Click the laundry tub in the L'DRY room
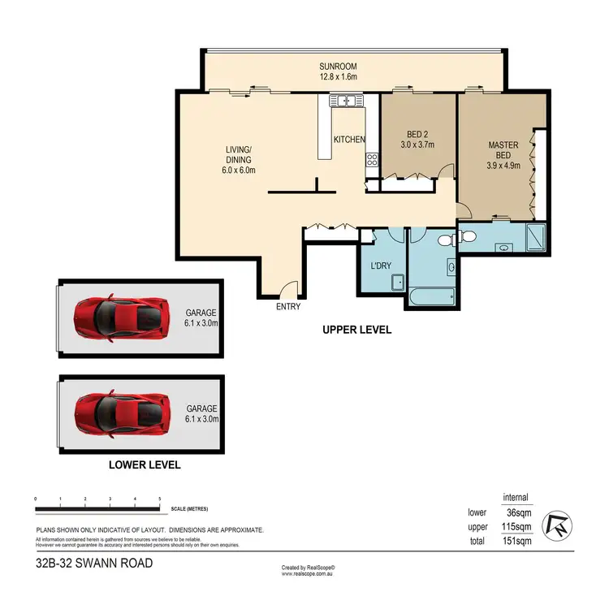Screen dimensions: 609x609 coord(398,282)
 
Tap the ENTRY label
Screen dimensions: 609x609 coord(288,307)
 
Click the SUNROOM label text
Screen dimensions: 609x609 coord(339,67)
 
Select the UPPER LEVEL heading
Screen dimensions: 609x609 coord(356,330)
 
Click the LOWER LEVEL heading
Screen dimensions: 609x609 coord(145,466)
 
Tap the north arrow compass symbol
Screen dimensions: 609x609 coord(559,525)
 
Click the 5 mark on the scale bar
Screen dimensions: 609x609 coord(160,499)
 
